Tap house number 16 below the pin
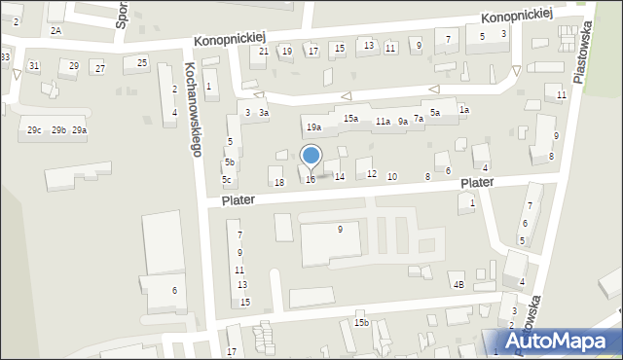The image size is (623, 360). [x=311, y=179]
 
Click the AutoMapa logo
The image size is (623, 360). [x=557, y=341]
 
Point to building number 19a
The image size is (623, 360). [x=313, y=127]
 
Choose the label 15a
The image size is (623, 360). [x=351, y=119]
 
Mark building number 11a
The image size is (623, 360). [x=383, y=122]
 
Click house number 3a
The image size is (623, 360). [x=263, y=113]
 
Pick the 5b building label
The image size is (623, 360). [x=229, y=162]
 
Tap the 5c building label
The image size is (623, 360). [x=226, y=179]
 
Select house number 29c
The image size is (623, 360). [x=34, y=130]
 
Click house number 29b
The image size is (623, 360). [x=58, y=130]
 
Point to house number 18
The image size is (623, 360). [x=279, y=183]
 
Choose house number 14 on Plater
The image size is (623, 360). [x=339, y=176]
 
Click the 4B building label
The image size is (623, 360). [x=458, y=285]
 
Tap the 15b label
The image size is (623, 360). [x=361, y=322]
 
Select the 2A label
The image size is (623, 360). [x=55, y=30]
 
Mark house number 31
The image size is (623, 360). [x=34, y=65]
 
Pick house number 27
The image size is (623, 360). [x=99, y=68]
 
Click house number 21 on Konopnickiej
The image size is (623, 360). [x=264, y=51]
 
